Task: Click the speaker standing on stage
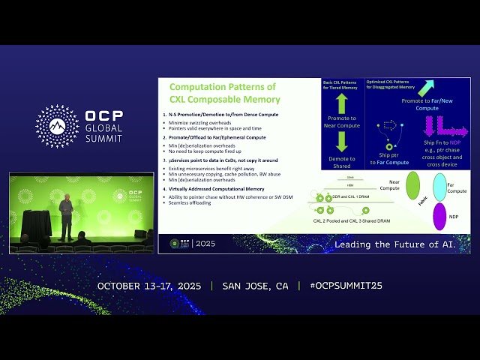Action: [x=66, y=217]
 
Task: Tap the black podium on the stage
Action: [x=36, y=224]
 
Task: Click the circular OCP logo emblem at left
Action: [x=57, y=126]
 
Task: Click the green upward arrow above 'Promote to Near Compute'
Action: [x=342, y=103]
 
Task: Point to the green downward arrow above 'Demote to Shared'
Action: [x=342, y=141]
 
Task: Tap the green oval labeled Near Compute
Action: [x=412, y=186]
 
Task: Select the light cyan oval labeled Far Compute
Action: [x=440, y=187]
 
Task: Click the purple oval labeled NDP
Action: [x=440, y=216]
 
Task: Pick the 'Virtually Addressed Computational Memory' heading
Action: [x=217, y=189]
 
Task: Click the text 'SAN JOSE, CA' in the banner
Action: [x=255, y=286]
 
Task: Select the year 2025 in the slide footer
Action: [x=205, y=244]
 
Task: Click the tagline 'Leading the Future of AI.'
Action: [x=394, y=244]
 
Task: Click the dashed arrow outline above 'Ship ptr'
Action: [x=389, y=126]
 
